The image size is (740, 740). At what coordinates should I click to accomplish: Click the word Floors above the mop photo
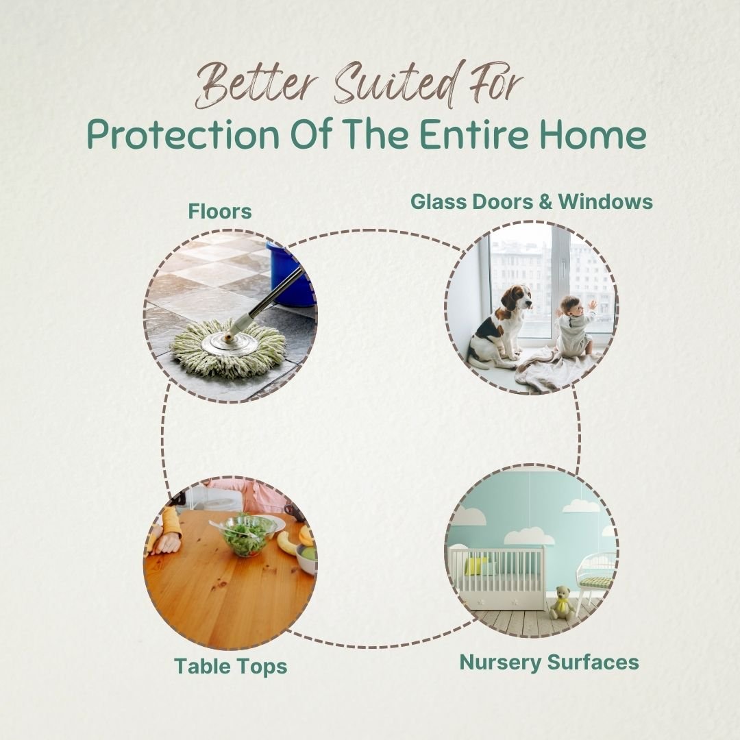click(220, 211)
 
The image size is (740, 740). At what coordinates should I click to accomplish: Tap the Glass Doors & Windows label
click(532, 201)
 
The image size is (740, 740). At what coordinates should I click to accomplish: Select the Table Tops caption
click(230, 667)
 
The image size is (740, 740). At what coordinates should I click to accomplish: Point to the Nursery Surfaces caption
click(549, 662)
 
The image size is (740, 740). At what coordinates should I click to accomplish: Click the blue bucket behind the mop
click(289, 273)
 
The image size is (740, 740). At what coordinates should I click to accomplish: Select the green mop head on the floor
click(230, 348)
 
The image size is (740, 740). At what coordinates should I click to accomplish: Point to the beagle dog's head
click(517, 297)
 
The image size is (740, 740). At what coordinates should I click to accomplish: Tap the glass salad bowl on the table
click(247, 535)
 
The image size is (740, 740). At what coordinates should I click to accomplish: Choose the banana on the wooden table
click(288, 542)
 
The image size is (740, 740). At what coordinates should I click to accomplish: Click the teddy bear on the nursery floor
click(562, 603)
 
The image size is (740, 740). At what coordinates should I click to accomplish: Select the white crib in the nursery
click(496, 577)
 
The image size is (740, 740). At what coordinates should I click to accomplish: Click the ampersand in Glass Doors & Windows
click(545, 201)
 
